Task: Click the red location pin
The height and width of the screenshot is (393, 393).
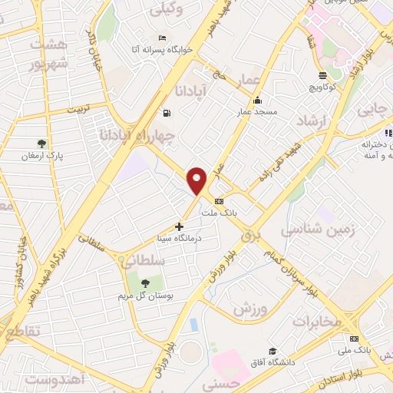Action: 197,180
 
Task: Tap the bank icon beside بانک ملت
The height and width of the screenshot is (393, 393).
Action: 220,201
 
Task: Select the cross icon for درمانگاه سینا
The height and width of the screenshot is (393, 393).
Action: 180,226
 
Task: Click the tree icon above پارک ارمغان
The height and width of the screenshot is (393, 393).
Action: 41,143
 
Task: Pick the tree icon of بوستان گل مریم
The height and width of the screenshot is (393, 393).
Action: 145,283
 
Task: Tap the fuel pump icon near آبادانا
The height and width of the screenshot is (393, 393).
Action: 167,114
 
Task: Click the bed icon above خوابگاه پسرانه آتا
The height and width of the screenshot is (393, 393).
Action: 161,38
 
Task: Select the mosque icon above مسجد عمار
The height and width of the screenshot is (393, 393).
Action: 256,100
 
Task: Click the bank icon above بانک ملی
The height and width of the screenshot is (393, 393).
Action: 354,339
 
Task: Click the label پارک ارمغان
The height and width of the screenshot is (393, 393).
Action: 43,155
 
